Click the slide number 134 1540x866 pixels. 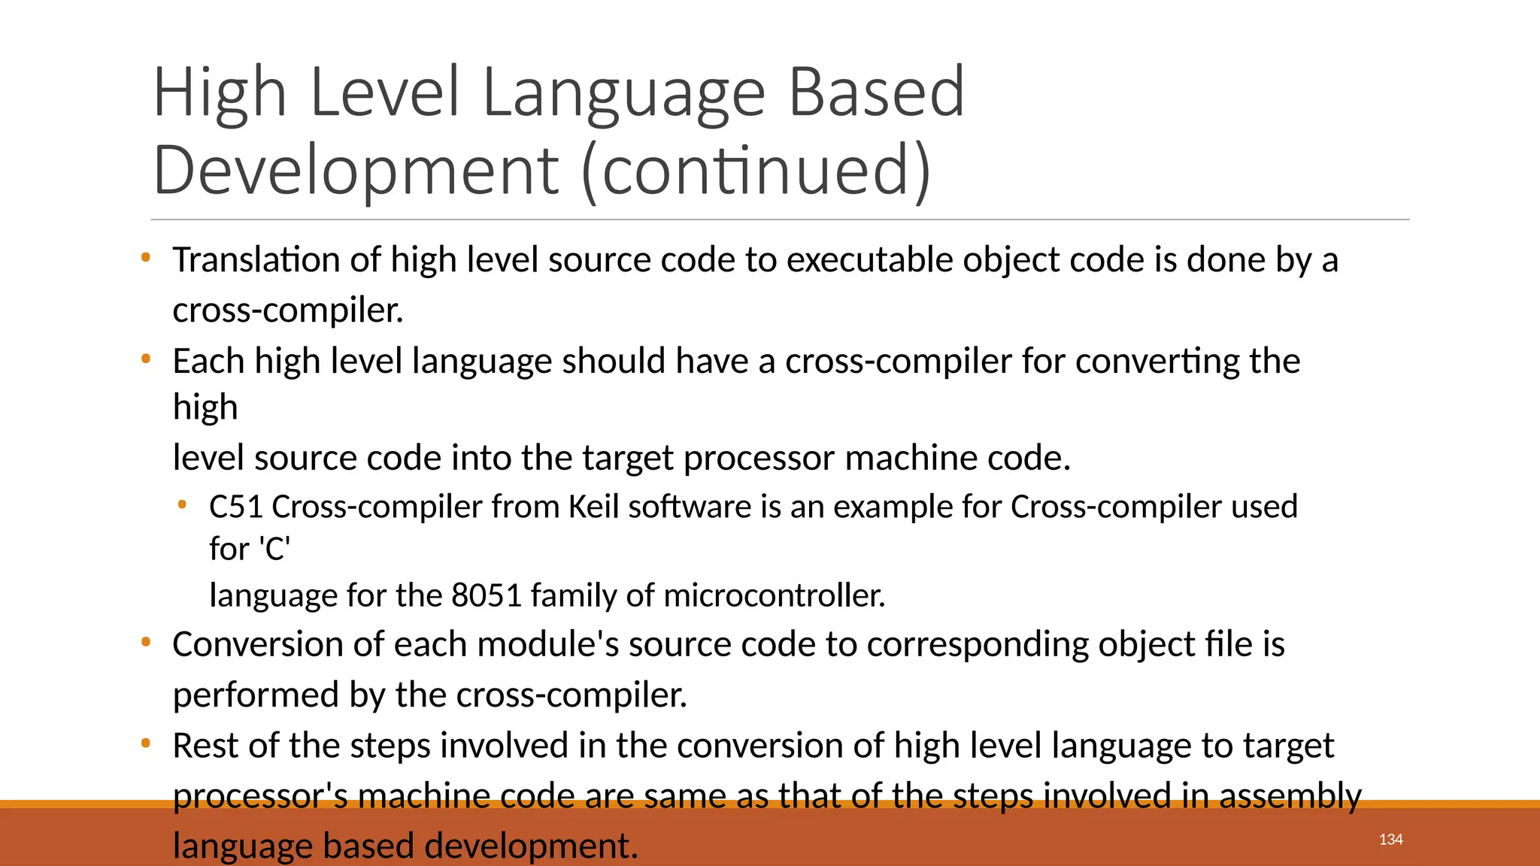pos(1390,840)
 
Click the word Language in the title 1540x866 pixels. pos(623,93)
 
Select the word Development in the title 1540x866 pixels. pos(355,171)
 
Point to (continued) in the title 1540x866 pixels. pos(756,171)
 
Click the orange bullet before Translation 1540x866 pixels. pos(146,258)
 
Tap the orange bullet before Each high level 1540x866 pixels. pos(146,359)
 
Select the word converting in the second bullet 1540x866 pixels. pos(1157,362)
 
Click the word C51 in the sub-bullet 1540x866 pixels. pos(236,507)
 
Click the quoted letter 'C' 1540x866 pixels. pos(274,550)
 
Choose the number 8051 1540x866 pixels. pos(487,595)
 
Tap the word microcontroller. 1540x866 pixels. pos(775,595)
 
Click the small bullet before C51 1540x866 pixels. pos(181,505)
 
